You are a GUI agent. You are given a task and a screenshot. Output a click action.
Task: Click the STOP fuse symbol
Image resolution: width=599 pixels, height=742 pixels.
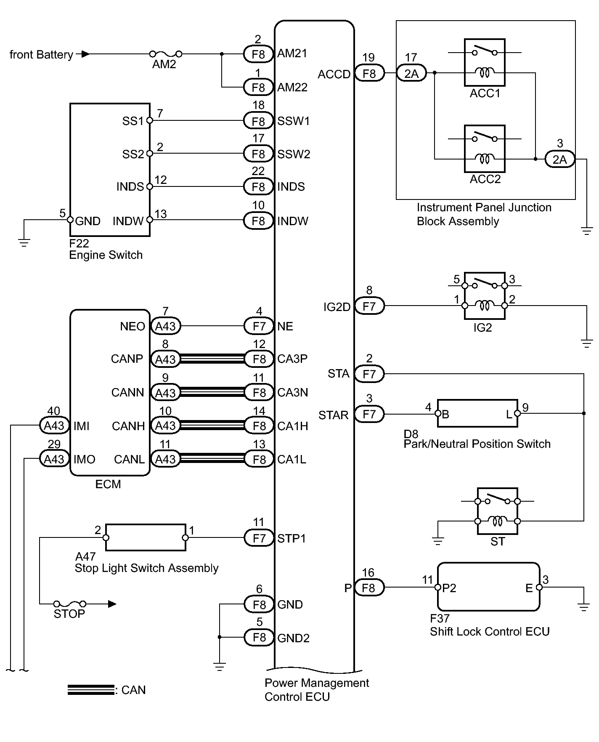[70, 604]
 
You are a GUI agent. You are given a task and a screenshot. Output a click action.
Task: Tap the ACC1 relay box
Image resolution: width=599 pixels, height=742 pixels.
[485, 63]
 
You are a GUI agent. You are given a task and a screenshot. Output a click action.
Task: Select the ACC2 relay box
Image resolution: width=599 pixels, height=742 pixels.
[485, 149]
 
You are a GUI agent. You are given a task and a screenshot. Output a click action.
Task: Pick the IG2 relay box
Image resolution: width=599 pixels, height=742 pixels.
[485, 296]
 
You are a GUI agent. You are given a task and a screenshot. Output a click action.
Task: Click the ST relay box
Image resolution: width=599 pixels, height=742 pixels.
[498, 511]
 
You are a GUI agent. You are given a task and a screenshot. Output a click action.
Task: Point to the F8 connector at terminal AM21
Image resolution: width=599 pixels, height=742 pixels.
[258, 54]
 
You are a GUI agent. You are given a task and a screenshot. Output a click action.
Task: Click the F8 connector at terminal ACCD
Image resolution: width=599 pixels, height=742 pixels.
[369, 74]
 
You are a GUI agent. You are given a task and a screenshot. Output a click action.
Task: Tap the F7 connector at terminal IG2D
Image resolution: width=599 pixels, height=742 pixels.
[369, 306]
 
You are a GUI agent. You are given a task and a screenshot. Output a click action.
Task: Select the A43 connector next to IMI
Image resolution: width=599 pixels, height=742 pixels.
[54, 426]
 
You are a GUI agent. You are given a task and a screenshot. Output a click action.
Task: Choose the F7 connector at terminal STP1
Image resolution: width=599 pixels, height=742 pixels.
[259, 538]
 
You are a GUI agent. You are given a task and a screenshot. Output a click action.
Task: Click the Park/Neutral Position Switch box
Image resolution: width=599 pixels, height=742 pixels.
[477, 414]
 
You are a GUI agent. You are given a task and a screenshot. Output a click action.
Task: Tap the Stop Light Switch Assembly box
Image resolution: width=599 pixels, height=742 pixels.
[146, 537]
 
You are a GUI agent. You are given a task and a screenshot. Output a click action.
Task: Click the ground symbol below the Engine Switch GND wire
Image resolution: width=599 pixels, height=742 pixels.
[24, 242]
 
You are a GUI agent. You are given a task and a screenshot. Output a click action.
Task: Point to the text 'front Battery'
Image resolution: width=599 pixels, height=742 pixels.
[41, 55]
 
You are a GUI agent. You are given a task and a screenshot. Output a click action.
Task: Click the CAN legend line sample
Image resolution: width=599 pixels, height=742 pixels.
[90, 690]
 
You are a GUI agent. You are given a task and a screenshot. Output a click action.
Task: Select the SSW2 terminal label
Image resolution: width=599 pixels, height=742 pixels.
[294, 154]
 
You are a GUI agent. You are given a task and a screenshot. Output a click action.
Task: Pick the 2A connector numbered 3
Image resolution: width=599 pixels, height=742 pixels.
[559, 160]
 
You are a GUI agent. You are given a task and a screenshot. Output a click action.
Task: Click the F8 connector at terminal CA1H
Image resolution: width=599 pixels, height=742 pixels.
[259, 426]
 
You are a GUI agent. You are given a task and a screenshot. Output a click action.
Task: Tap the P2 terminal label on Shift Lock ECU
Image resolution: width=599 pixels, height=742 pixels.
[449, 588]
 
